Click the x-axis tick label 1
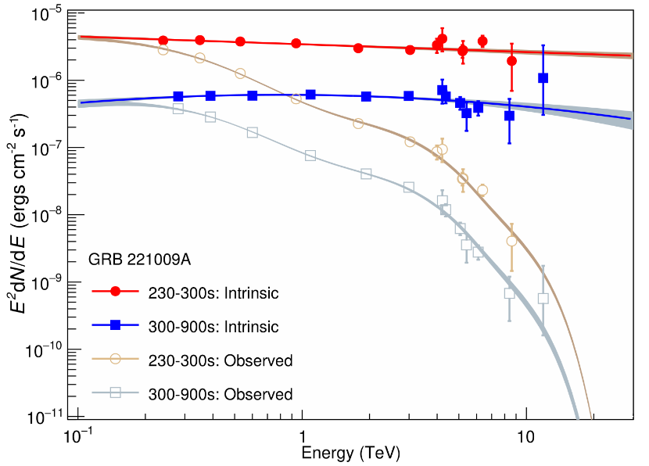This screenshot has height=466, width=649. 301,435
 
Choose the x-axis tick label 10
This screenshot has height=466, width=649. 525,435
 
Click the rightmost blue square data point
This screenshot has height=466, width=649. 543,78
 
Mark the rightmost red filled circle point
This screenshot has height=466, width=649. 511,61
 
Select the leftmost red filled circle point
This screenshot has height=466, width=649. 163,41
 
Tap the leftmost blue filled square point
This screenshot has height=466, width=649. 178,97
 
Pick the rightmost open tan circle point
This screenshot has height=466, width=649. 511,241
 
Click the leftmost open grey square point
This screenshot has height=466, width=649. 178,109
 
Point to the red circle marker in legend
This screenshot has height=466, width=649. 115,292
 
